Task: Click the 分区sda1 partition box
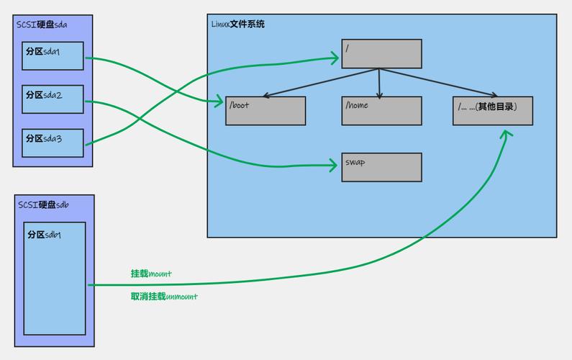coord(53,56)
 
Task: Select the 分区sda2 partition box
coord(53,99)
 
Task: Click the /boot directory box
coord(265,110)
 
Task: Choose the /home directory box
coord(381,110)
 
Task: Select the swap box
coord(381,167)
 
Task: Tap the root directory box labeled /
coord(381,54)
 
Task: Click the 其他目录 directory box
coord(493,110)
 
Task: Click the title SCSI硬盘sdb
coord(43,204)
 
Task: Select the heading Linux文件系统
coord(238,24)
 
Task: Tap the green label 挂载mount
coord(151,274)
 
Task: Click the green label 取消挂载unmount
coord(164,296)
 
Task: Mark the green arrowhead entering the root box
coord(335,54)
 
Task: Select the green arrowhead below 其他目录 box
coord(507,135)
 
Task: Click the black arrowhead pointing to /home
coord(380,94)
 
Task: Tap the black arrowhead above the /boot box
coord(266,95)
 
